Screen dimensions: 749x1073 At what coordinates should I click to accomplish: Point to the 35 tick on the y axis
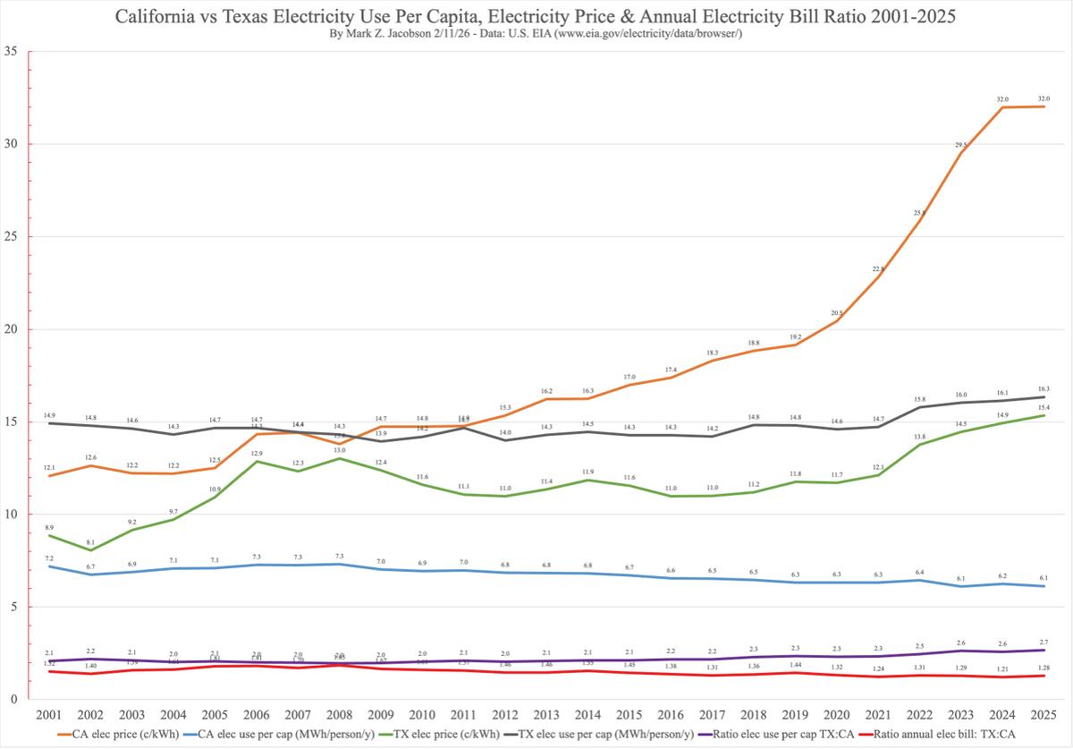pyautogui.click(x=12, y=51)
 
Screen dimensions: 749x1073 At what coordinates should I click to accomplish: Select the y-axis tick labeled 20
pyautogui.click(x=12, y=329)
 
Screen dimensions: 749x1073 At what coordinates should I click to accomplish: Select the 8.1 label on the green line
pyautogui.click(x=89, y=540)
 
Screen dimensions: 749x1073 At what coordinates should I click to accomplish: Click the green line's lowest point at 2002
pyautogui.click(x=89, y=549)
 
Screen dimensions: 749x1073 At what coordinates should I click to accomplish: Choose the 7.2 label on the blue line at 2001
pyautogui.click(x=48, y=557)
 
